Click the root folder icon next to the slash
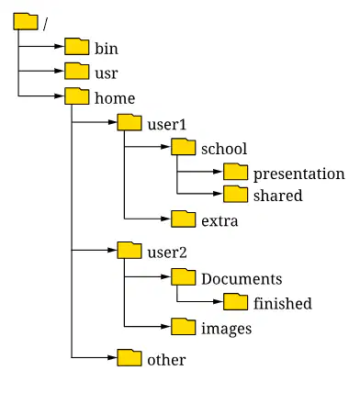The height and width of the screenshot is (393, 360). [26, 21]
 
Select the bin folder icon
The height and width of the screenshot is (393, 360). [77, 47]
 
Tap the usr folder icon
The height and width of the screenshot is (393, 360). [77, 71]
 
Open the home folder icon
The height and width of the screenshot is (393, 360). [77, 96]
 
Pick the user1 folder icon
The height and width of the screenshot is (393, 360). [129, 122]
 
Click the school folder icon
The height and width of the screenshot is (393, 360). [184, 147]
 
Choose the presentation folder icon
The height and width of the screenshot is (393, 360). [235, 172]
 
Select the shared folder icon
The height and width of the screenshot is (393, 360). [235, 194]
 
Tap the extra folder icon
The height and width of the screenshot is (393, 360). [184, 219]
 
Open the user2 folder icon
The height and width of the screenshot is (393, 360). [129, 250]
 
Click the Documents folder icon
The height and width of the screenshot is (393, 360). [184, 276]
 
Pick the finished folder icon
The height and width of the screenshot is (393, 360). [235, 302]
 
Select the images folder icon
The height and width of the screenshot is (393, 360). [184, 327]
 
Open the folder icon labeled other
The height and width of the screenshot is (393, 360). [129, 357]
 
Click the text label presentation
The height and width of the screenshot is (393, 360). [299, 174]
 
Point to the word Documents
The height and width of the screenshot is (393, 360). [242, 279]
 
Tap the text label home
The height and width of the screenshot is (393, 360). [115, 98]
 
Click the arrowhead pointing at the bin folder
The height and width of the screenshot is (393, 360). [60, 47]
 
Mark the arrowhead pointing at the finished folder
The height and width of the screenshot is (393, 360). [218, 302]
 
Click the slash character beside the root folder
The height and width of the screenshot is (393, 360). [46, 24]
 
